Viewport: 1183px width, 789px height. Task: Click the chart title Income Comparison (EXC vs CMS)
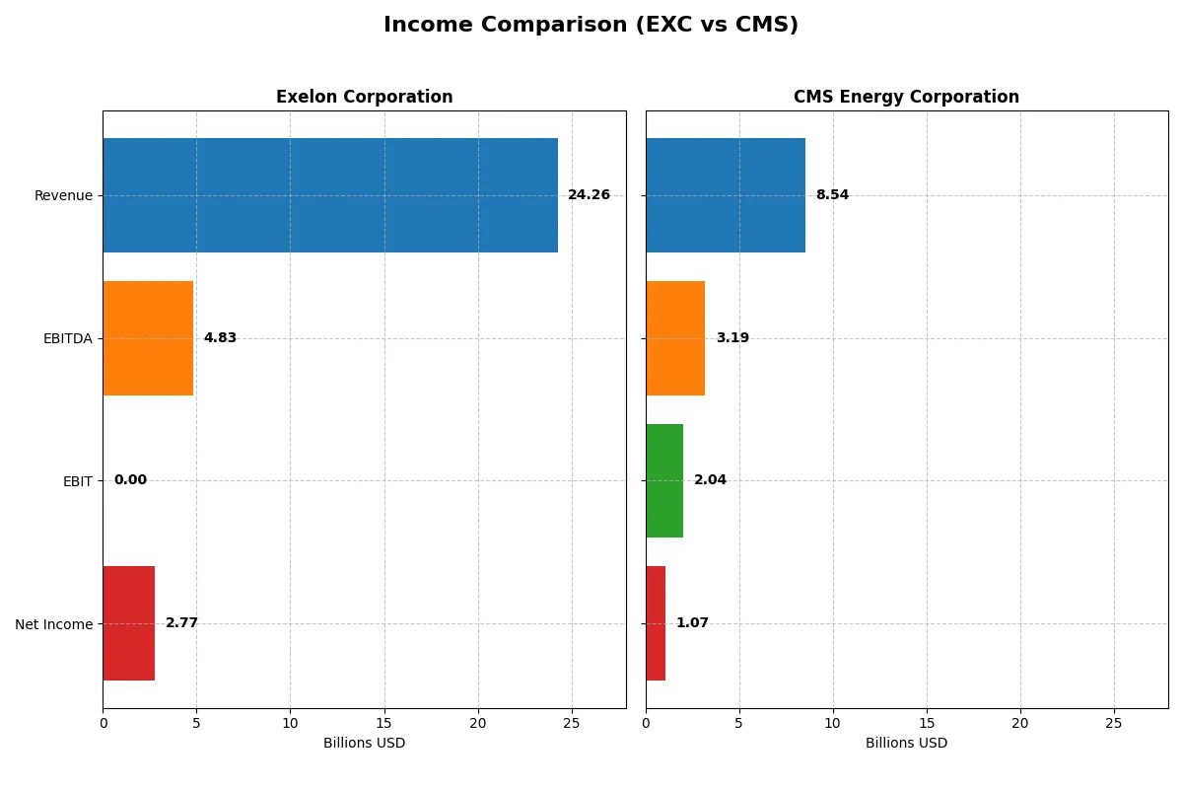(x=591, y=25)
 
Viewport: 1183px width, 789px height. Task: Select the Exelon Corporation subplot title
(x=364, y=97)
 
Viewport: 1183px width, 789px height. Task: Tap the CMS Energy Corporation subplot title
(x=906, y=97)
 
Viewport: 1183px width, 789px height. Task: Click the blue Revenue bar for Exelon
(x=330, y=195)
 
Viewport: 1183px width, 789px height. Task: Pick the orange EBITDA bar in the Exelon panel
(x=148, y=338)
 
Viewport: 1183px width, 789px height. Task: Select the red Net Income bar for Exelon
(x=128, y=623)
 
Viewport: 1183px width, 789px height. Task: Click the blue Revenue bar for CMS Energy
(x=726, y=195)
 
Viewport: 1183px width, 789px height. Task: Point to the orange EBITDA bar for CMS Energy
(x=675, y=338)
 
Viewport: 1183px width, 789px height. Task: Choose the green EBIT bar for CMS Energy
(x=664, y=480)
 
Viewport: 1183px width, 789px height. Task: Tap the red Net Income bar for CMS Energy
(x=656, y=623)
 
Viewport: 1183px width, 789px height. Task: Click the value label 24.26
(x=589, y=195)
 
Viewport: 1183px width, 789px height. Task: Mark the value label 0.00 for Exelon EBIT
(x=130, y=480)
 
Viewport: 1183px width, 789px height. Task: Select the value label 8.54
(x=832, y=195)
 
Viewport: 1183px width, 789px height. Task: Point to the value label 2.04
(x=710, y=480)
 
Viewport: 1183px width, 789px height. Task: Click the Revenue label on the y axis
(x=63, y=195)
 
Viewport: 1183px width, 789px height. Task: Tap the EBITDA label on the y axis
(x=67, y=338)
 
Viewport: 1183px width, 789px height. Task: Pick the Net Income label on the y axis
(x=54, y=623)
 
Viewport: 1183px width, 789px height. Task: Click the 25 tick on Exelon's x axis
(x=572, y=723)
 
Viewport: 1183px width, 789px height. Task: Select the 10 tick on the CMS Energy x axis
(x=833, y=723)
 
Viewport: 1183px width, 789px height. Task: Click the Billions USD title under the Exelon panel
(x=364, y=743)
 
